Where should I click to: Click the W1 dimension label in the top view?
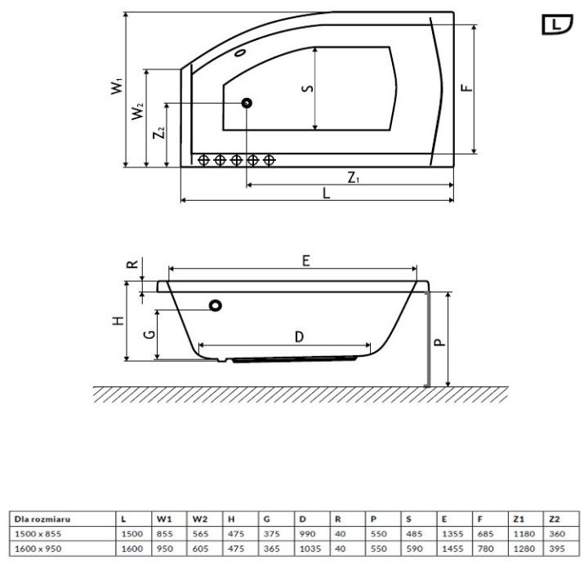[x=117, y=86]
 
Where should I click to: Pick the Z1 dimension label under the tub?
[x=353, y=177]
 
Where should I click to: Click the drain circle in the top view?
[x=246, y=104]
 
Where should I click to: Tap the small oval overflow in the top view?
[x=240, y=55]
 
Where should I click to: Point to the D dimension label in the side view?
[x=299, y=337]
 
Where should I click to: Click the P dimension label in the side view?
[x=439, y=341]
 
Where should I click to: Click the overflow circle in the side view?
[x=216, y=305]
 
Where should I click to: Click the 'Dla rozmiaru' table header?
[x=38, y=518]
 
